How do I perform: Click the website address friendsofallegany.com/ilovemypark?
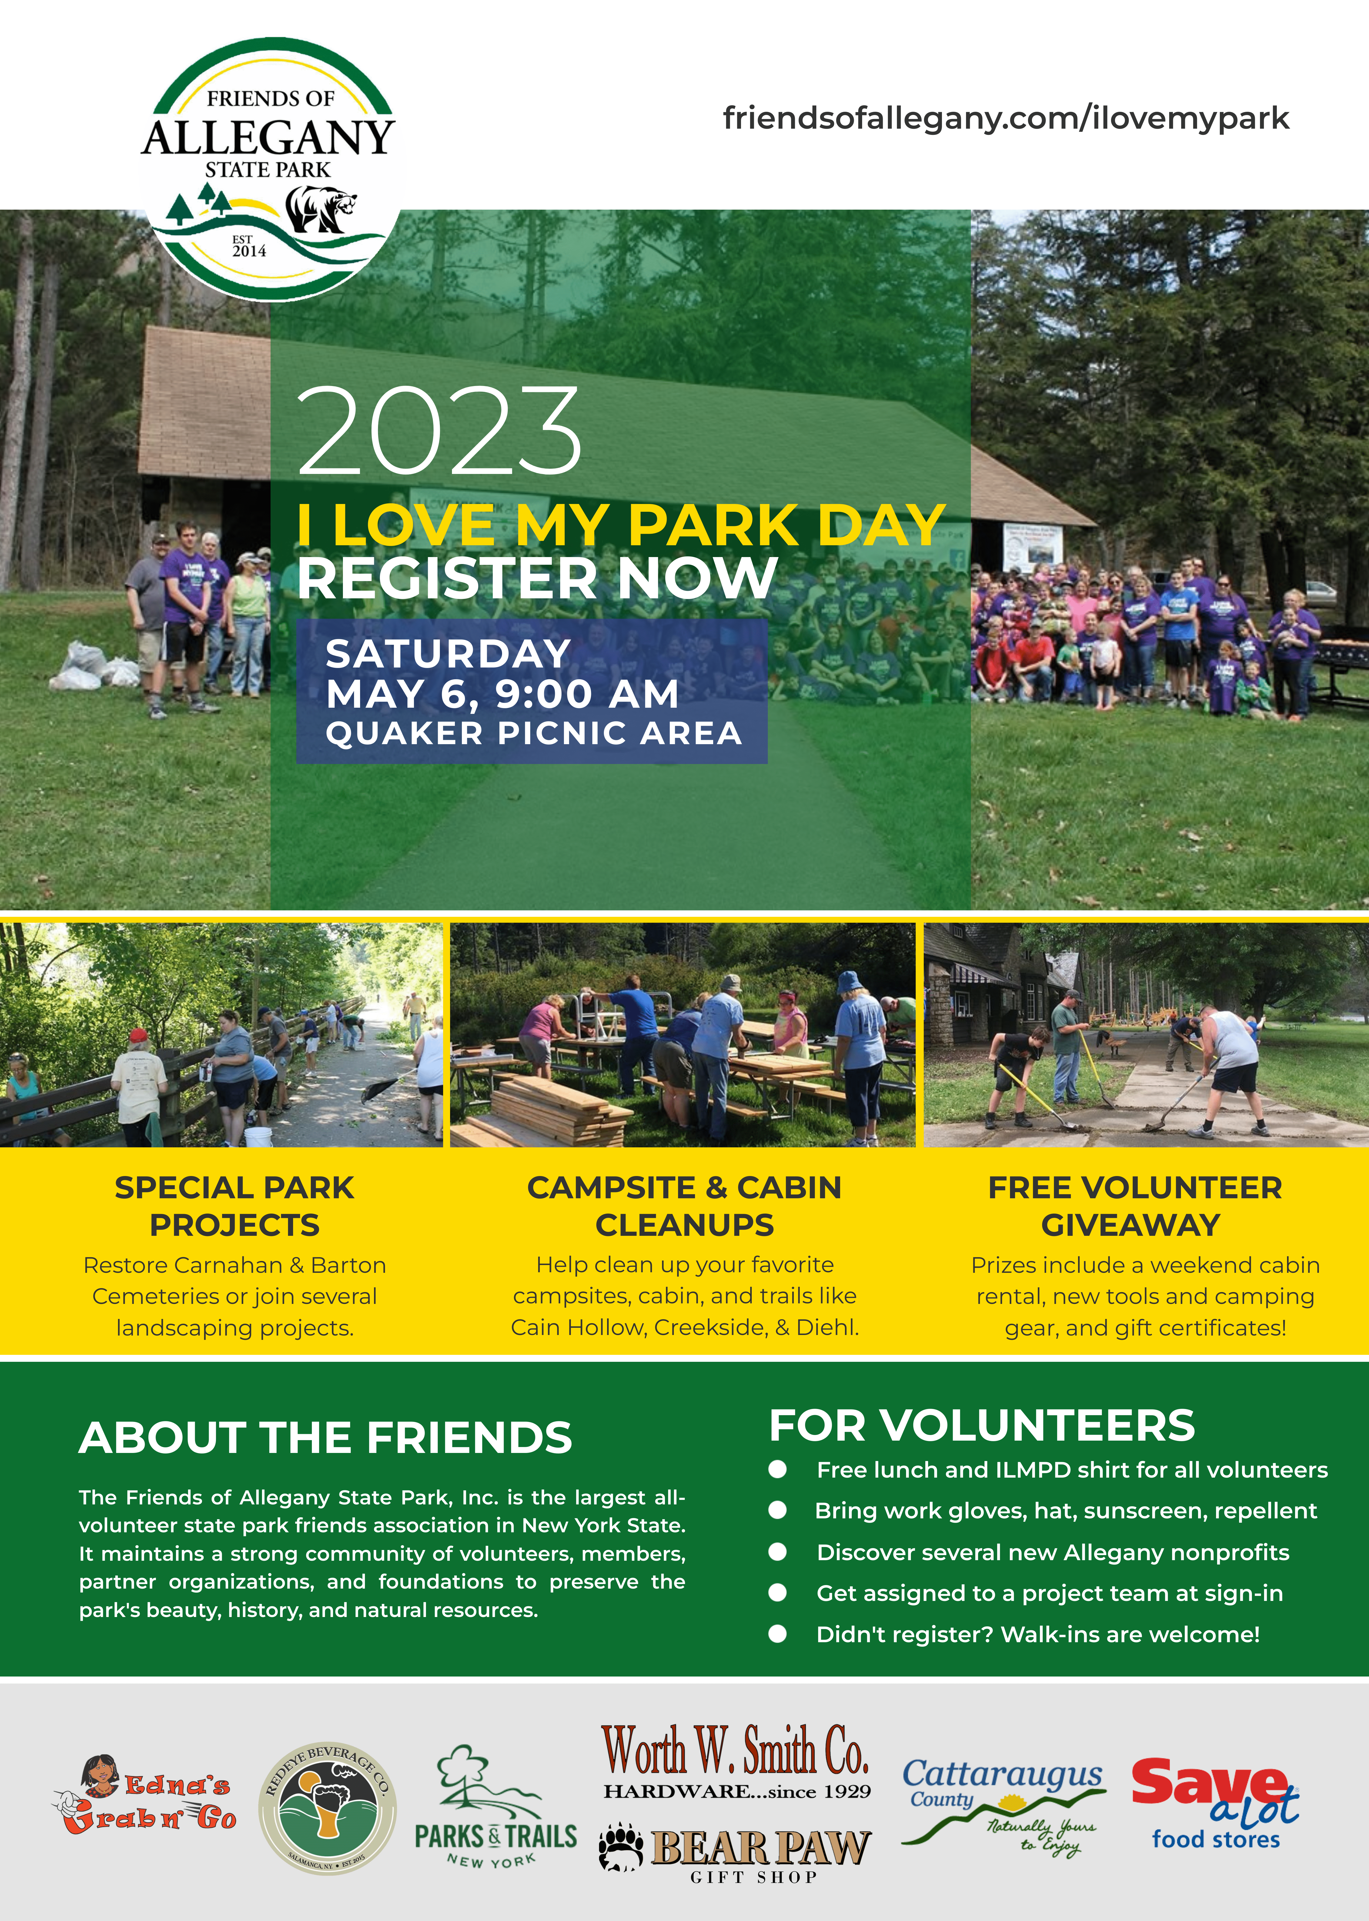point(1006,118)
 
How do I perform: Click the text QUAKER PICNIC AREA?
point(534,734)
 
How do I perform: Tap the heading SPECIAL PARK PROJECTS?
point(234,1206)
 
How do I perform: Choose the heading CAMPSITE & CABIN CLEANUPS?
point(684,1206)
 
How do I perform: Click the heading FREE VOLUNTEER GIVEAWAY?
point(1135,1206)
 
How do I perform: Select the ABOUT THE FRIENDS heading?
point(326,1438)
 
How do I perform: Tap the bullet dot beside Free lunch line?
point(777,1470)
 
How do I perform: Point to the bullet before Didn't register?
point(777,1634)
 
